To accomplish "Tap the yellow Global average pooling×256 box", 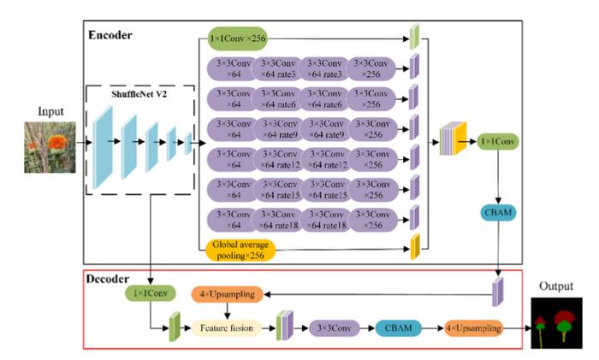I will point(247,248).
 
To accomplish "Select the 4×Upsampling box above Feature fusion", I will point(226,295).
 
